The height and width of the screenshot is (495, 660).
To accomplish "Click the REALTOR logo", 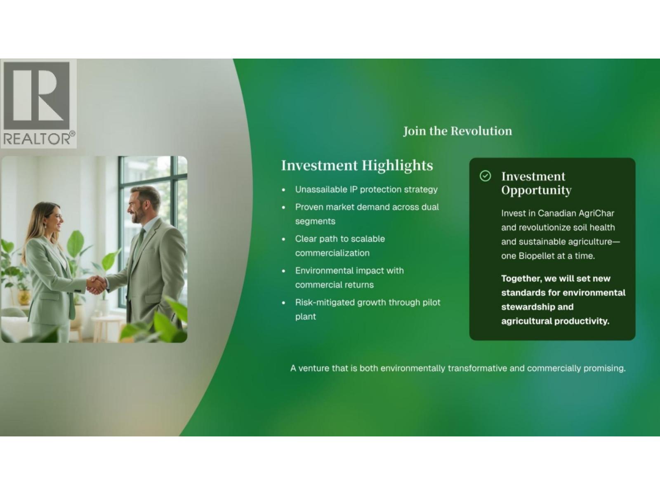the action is click(38, 104).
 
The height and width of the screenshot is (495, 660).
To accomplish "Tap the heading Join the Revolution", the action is click(457, 131).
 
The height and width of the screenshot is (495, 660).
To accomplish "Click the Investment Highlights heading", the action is click(357, 165).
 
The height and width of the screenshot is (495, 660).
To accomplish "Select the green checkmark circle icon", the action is click(485, 176).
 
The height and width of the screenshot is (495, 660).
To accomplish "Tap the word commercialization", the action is click(332, 253).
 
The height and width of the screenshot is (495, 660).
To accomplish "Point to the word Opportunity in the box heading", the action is click(536, 191).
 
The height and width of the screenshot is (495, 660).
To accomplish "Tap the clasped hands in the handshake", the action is click(96, 284).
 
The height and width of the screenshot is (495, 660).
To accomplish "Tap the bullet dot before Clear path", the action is click(283, 239).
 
